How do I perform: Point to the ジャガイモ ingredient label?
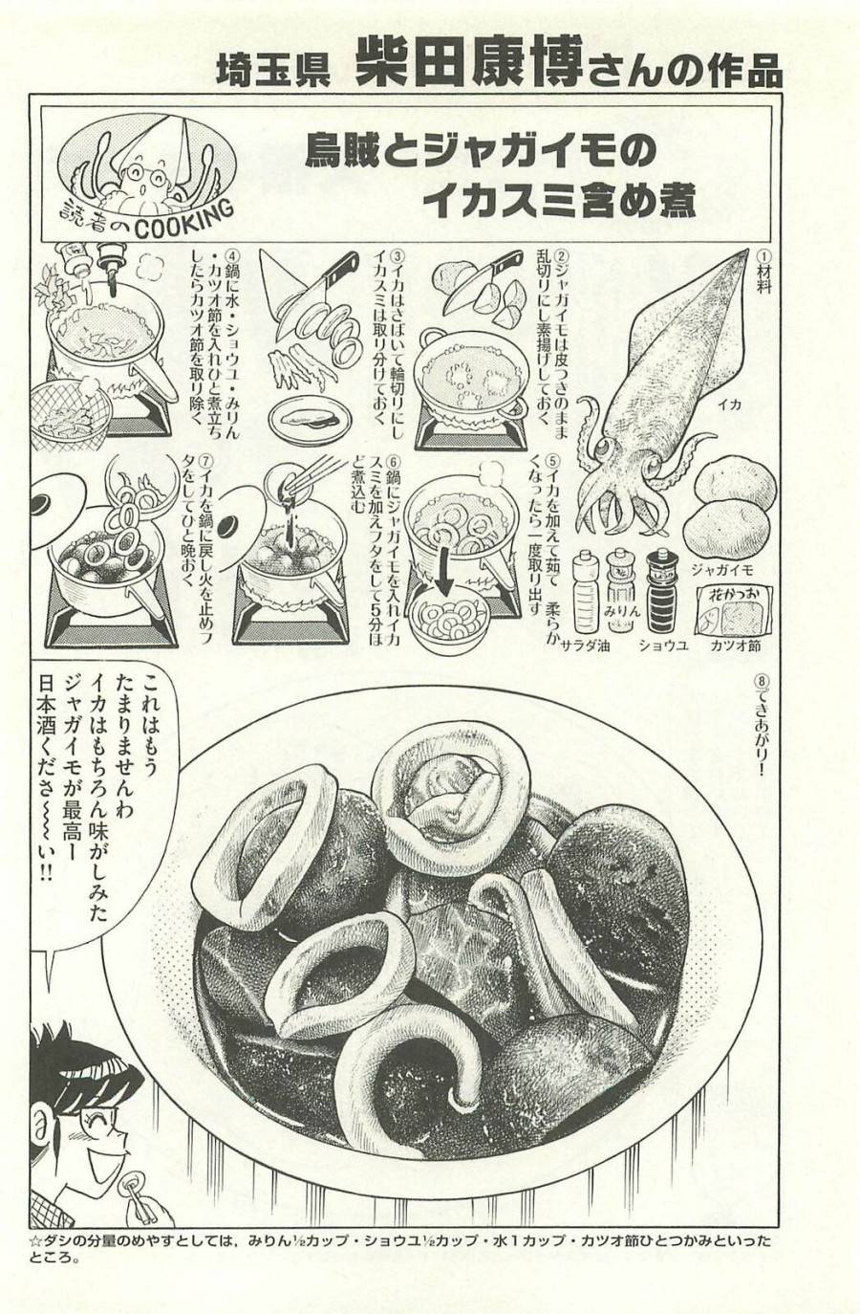click(x=727, y=568)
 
